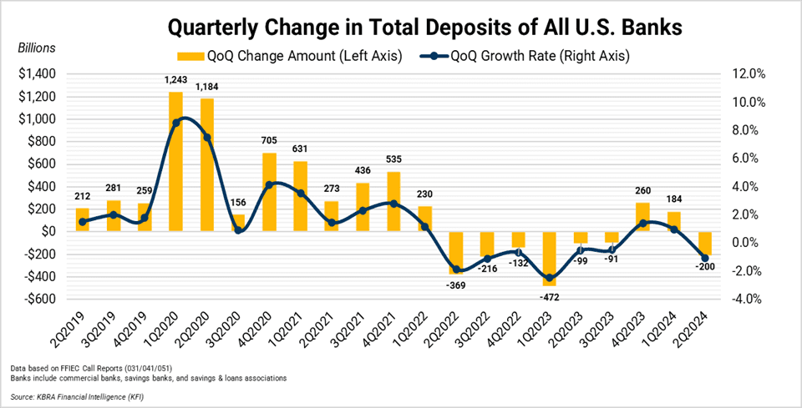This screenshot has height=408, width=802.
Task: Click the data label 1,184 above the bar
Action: tap(207, 87)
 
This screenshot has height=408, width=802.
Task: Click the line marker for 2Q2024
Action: tap(705, 258)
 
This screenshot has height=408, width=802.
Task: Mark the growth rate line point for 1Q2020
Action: tap(176, 123)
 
